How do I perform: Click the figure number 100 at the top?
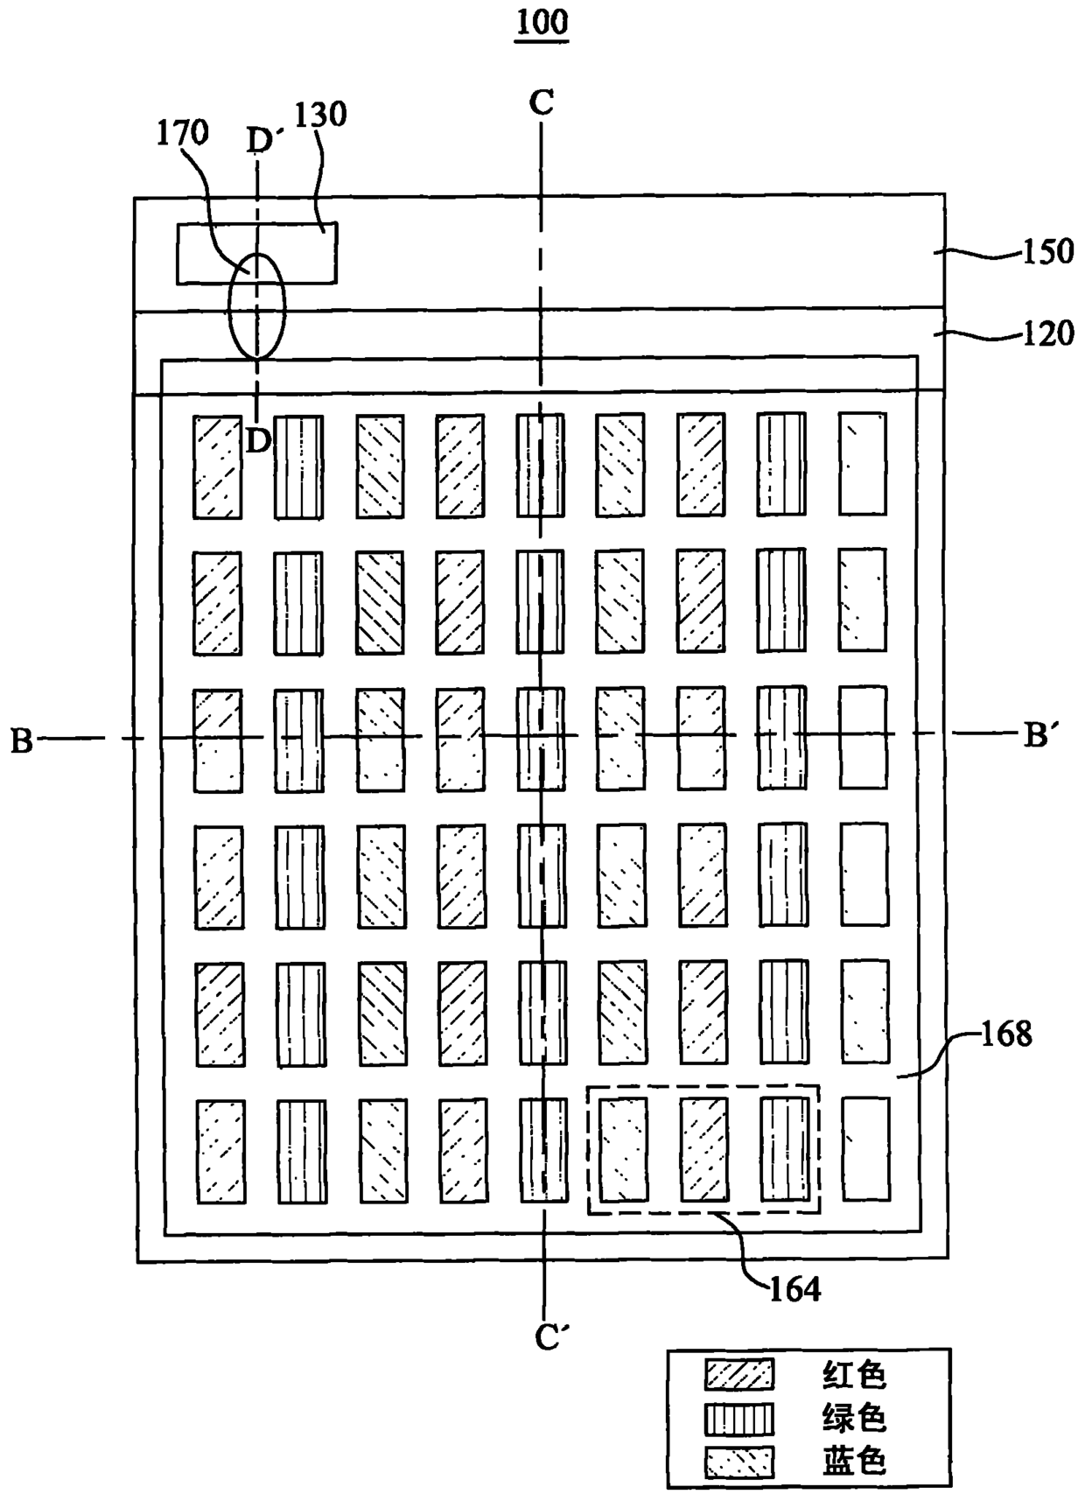click(x=542, y=22)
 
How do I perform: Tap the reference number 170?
click(x=182, y=133)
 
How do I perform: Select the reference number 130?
click(x=320, y=115)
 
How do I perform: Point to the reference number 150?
click(x=1047, y=251)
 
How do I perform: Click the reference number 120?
click(x=1047, y=333)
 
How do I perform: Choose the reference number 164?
click(x=794, y=1288)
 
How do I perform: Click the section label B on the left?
click(x=22, y=740)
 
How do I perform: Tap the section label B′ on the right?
click(x=1038, y=737)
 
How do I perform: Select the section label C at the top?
click(x=542, y=103)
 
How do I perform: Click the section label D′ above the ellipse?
click(x=262, y=140)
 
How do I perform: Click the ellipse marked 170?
click(x=257, y=306)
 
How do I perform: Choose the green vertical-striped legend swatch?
click(x=739, y=1419)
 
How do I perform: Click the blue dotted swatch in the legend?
click(x=739, y=1462)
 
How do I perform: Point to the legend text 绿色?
click(x=854, y=1419)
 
